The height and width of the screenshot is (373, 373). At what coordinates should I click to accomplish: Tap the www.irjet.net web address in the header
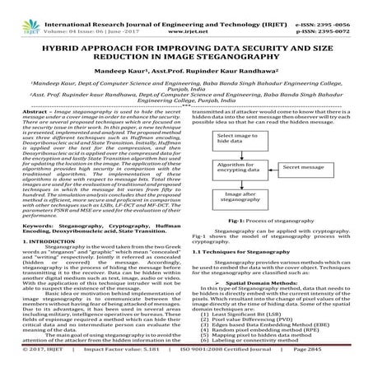[x=187, y=15]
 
